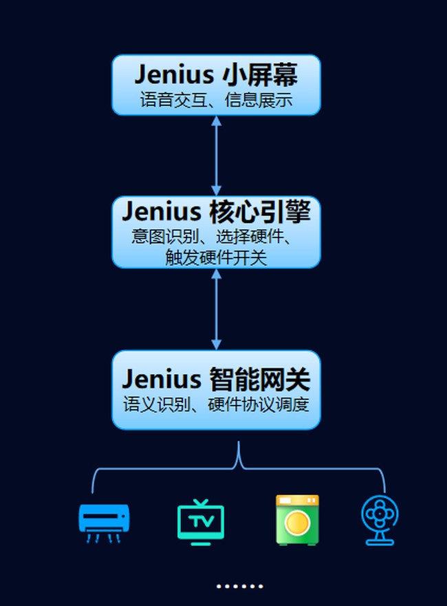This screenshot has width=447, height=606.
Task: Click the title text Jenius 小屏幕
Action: tap(216, 74)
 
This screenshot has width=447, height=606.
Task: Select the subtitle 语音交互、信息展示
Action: tap(216, 101)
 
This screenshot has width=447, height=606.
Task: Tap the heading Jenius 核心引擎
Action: tap(216, 211)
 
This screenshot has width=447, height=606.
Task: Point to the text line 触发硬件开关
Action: tap(216, 258)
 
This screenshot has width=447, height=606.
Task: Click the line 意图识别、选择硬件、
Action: tap(213, 238)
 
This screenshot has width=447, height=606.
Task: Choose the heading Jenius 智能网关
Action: tap(216, 379)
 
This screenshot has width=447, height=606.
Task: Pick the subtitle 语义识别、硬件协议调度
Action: tap(216, 404)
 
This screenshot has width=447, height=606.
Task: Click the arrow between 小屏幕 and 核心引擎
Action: tap(216, 156)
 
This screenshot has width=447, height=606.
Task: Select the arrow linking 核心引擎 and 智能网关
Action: tap(216, 309)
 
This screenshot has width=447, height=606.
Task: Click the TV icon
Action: tap(201, 523)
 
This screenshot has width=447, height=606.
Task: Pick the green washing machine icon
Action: tap(297, 520)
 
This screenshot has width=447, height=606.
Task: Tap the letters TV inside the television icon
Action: tap(201, 521)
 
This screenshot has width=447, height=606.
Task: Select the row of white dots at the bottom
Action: tap(239, 587)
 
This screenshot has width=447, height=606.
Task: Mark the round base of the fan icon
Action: tap(380, 541)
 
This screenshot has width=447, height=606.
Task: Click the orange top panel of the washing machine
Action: tap(297, 500)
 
